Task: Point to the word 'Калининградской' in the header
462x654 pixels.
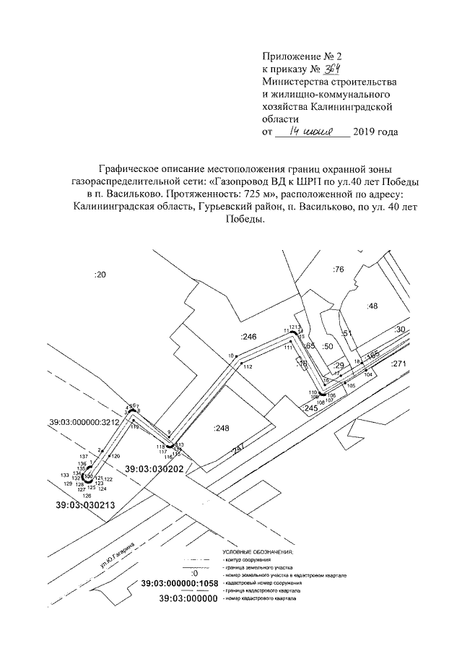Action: pyautogui.click(x=354, y=106)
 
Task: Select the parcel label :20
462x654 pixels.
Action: pyautogui.click(x=100, y=275)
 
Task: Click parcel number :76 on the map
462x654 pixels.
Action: pyautogui.click(x=339, y=270)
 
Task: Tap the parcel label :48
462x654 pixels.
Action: pyautogui.click(x=372, y=306)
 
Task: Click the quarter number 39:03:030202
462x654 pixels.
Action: pyautogui.click(x=154, y=469)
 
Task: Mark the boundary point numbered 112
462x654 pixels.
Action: pyautogui.click(x=247, y=368)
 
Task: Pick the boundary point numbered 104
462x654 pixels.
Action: pyautogui.click(x=367, y=374)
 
